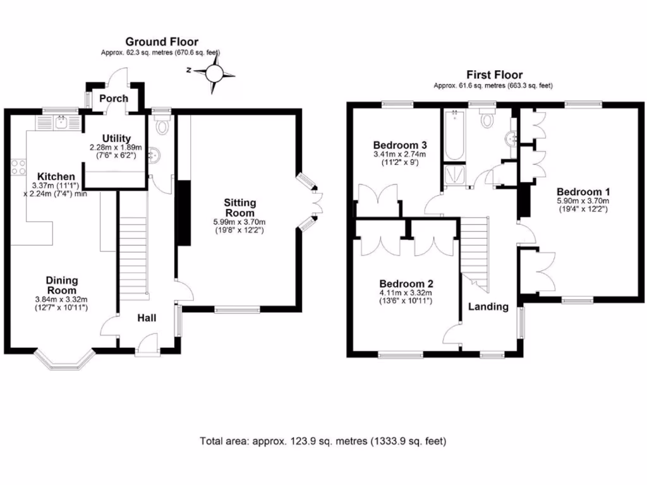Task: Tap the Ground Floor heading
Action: click(x=161, y=42)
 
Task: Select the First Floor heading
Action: click(x=494, y=75)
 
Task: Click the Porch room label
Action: click(x=114, y=99)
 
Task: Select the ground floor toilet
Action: click(x=162, y=127)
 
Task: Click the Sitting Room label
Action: click(x=239, y=208)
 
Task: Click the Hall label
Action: click(x=147, y=318)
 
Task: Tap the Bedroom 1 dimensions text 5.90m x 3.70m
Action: click(x=582, y=201)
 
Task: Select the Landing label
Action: click(x=488, y=307)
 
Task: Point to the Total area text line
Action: click(x=323, y=440)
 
